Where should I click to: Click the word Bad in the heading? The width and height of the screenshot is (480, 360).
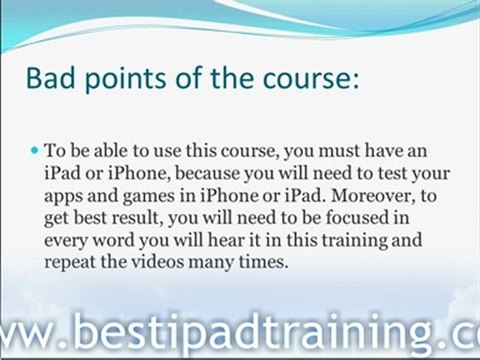[x=50, y=78]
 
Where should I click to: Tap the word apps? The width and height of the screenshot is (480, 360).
[x=63, y=197]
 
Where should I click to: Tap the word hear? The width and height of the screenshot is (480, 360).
[x=226, y=239]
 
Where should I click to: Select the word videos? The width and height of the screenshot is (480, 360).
[x=157, y=262]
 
